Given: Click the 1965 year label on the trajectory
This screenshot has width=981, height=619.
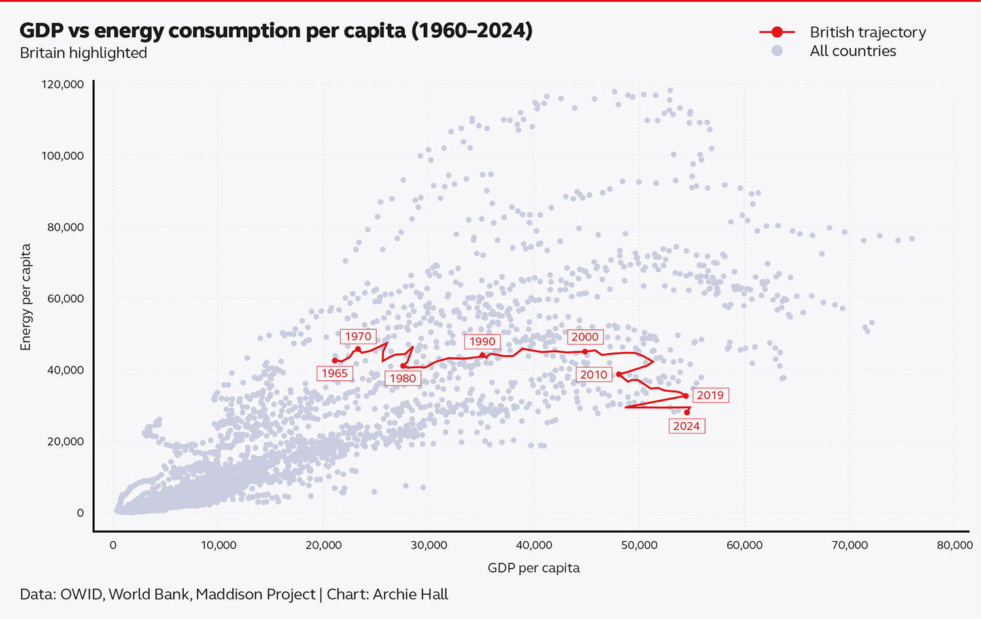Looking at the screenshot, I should click(x=334, y=373).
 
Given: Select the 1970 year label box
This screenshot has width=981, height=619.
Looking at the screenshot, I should click(x=358, y=336).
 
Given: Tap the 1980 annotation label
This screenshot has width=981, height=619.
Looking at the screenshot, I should click(x=403, y=378).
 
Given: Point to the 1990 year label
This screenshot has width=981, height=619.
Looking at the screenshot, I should click(x=482, y=342).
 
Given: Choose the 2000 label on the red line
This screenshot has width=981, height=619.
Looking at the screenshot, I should click(x=585, y=337).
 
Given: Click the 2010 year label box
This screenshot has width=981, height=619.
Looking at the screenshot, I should click(x=594, y=374).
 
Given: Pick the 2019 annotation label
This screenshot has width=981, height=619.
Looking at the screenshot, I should click(x=710, y=395).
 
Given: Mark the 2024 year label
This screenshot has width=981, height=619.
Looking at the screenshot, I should click(x=687, y=426).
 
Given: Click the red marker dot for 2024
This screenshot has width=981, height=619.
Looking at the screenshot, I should click(x=687, y=412).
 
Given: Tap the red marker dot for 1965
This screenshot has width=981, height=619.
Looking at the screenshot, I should click(x=335, y=361).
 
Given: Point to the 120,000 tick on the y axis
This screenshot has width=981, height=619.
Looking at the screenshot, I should click(x=63, y=84).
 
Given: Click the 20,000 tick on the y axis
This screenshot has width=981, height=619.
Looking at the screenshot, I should click(x=65, y=442).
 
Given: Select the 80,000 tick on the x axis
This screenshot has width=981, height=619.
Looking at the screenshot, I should click(x=954, y=545).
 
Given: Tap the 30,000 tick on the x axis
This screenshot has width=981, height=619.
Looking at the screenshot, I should click(x=428, y=545).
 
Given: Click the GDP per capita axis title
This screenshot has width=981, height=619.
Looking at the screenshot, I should click(x=534, y=568).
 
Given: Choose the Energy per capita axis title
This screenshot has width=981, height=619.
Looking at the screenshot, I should click(x=26, y=297).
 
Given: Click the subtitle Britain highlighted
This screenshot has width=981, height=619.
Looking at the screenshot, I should click(x=83, y=53).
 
